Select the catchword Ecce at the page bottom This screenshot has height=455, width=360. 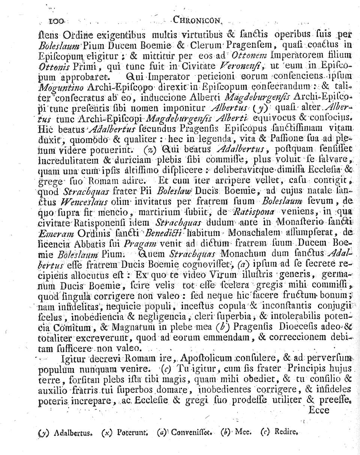318,410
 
